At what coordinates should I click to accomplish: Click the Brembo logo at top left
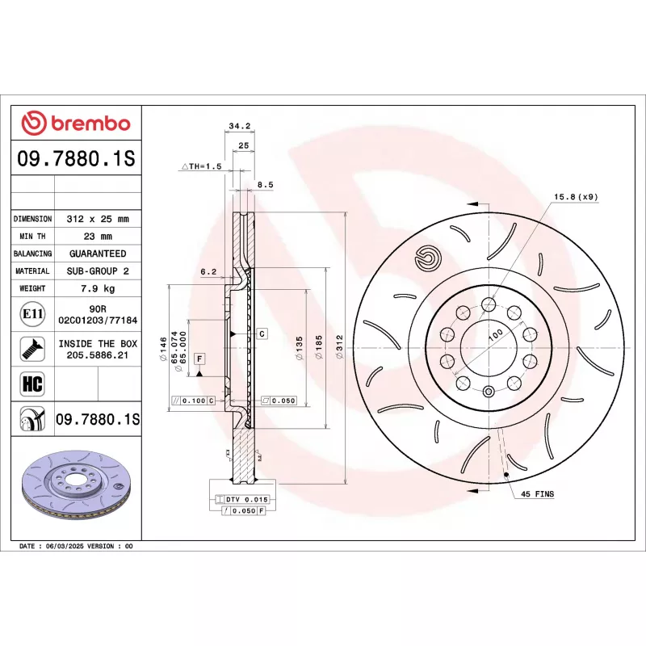(x=76, y=124)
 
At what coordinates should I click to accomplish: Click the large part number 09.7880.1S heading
(x=76, y=160)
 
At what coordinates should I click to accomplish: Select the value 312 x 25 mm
(x=97, y=219)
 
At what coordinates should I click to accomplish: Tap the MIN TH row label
(x=32, y=237)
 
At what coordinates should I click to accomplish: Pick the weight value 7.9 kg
(x=97, y=288)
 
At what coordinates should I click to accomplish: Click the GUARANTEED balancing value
(x=97, y=254)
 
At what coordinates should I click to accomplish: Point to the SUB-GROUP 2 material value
(x=97, y=271)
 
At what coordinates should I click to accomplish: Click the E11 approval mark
(x=32, y=313)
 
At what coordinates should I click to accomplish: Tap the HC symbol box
(x=32, y=382)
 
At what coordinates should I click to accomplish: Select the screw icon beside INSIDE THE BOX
(x=32, y=348)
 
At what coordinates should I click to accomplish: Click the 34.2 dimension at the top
(x=240, y=126)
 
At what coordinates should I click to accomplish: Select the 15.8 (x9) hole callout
(x=576, y=197)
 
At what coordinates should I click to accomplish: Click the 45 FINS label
(x=537, y=493)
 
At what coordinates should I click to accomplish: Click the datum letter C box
(x=262, y=333)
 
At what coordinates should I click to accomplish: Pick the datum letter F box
(x=198, y=358)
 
